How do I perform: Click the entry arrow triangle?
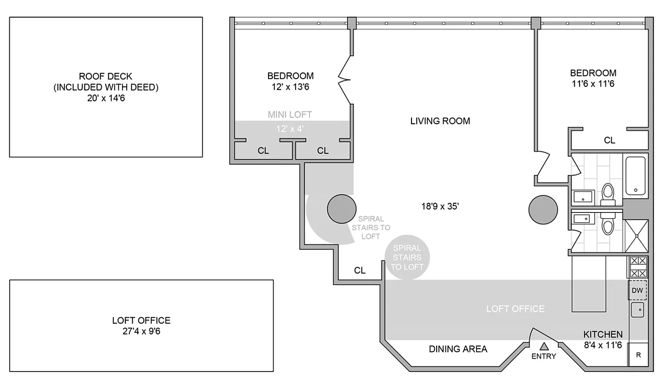coord(544,346)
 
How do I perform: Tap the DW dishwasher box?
coord(637,291)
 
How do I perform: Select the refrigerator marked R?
coord(638,355)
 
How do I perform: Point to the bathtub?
coord(635,176)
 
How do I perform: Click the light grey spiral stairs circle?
coord(407,258)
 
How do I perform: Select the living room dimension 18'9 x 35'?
coord(440,206)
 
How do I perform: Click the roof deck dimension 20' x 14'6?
coord(106,98)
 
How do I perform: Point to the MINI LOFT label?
coord(290,114)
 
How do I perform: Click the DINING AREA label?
coord(458,349)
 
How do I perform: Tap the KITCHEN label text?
coord(602,334)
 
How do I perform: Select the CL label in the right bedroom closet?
coord(609,140)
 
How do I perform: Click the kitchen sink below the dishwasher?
coord(637,309)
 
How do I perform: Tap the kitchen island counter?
coord(588,284)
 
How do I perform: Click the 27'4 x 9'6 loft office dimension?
coord(141,332)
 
